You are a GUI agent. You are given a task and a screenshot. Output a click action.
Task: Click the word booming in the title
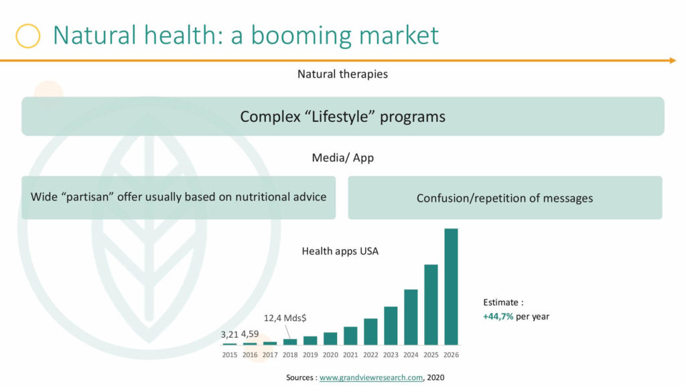tap(301, 36)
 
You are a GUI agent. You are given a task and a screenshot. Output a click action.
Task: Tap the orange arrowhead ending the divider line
tap(673, 60)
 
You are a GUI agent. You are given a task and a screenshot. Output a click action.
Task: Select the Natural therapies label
tap(342, 74)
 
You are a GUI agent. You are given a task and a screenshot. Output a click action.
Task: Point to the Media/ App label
tap(342, 157)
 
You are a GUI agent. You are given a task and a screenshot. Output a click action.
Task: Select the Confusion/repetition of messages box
tap(505, 198)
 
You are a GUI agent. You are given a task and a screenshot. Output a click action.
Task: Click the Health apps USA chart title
tap(340, 251)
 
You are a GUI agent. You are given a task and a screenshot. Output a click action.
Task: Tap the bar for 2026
tap(451, 287)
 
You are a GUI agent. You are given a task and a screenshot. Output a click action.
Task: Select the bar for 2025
tap(431, 305)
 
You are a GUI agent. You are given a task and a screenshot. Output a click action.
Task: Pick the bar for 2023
tap(391, 326)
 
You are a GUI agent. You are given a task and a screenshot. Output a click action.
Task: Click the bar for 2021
tap(350, 336)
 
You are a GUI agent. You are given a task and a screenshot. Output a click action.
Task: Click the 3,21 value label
tap(229, 335)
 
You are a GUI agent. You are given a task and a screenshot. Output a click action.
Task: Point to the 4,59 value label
tap(250, 334)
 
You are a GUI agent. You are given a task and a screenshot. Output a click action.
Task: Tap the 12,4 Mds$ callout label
tap(285, 318)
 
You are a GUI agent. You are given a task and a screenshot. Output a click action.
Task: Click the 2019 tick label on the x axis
tap(310, 355)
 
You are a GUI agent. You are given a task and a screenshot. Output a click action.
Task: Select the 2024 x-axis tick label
tap(411, 355)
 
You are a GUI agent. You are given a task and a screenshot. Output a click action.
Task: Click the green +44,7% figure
tap(498, 316)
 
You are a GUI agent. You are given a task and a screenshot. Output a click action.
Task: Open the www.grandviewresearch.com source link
tap(371, 377)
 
